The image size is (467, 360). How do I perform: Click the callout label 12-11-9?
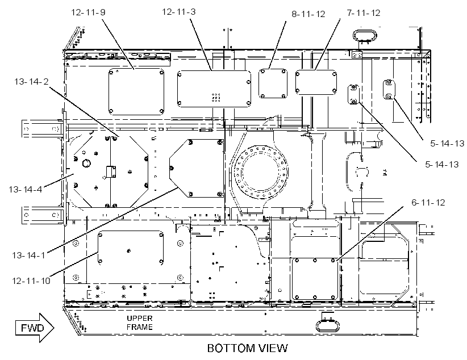click(x=88, y=12)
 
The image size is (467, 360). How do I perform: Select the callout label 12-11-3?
click(x=179, y=12)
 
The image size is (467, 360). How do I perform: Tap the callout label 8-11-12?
click(x=308, y=14)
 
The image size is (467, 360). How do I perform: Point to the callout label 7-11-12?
click(x=364, y=13)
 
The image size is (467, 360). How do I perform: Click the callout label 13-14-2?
click(x=31, y=81)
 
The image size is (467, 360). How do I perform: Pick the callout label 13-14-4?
click(x=26, y=189)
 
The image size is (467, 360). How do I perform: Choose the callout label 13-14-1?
click(x=28, y=255)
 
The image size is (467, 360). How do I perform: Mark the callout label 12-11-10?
click(x=31, y=281)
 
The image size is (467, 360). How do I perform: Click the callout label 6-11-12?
click(x=428, y=203)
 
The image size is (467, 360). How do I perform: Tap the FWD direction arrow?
click(x=35, y=328)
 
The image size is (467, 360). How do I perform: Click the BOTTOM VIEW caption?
click(x=248, y=348)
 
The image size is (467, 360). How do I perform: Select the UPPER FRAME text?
click(x=140, y=323)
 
